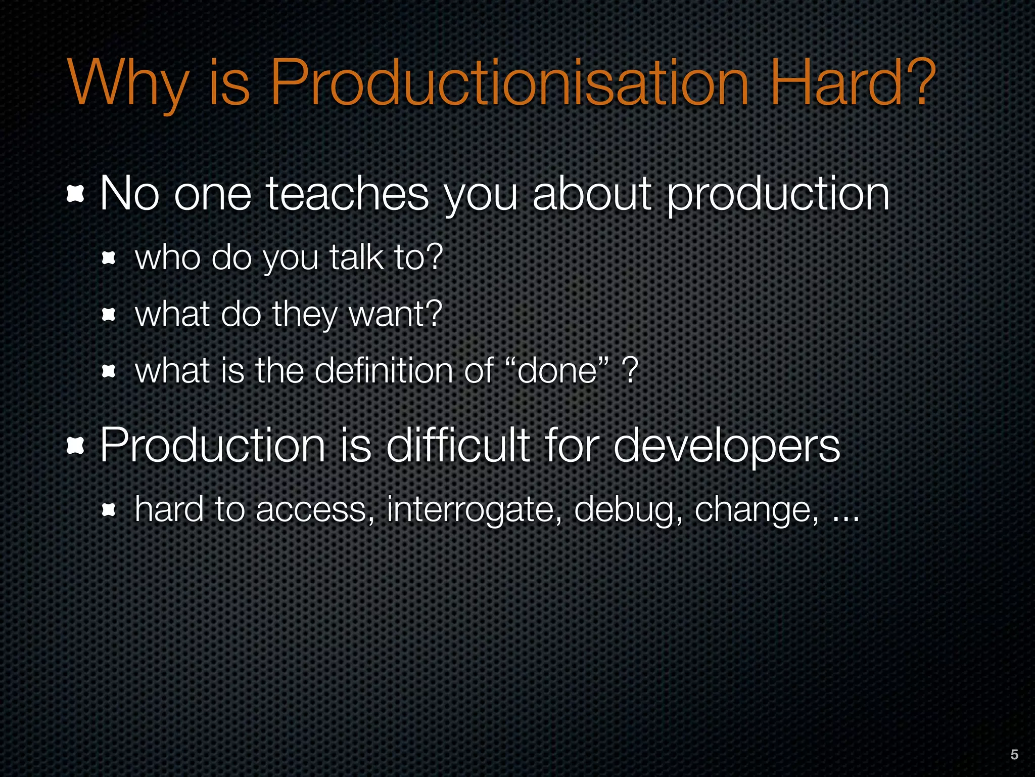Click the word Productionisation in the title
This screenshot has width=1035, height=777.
509,83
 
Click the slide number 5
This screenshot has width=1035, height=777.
1014,754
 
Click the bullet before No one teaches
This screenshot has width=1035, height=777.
75,195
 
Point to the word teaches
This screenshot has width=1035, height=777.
347,195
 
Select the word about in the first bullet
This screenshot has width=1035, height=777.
592,195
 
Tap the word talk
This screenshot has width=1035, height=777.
356,257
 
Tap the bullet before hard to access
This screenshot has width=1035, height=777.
109,510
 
